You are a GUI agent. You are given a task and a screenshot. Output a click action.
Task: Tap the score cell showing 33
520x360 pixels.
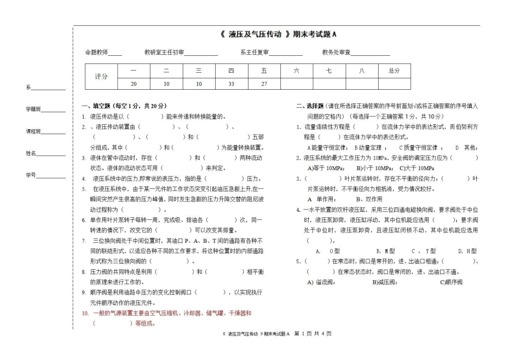coord(231,84)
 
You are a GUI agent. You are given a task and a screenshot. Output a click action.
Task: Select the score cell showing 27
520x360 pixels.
coord(264,84)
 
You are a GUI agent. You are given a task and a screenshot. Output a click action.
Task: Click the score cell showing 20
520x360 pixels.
coord(134,84)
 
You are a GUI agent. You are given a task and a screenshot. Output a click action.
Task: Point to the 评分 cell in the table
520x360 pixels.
coord(101,77)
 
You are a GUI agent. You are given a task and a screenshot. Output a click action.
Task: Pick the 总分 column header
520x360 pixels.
coord(394,71)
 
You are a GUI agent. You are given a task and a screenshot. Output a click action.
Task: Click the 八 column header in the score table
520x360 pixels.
coord(361,71)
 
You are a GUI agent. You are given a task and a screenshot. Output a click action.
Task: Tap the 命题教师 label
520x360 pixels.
coord(96,53)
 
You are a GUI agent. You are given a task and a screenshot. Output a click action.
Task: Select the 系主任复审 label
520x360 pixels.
coord(255,53)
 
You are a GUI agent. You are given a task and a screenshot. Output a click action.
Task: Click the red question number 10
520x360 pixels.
coord(85,313)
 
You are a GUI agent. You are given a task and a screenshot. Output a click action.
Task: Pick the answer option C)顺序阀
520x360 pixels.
coord(452,282)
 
